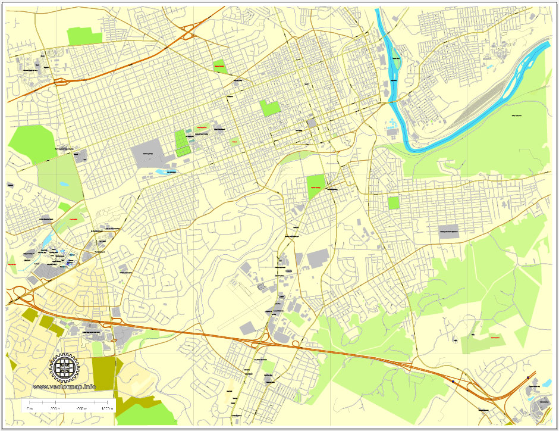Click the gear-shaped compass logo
pyautogui.click(x=65, y=368)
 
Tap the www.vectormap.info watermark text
pyautogui.click(x=64, y=387)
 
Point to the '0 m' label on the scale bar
pyautogui.click(x=29, y=409)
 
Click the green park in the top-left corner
pyautogui.click(x=85, y=36)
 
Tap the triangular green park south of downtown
pyautogui.click(x=316, y=186)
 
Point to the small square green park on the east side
pyautogui.click(x=394, y=203)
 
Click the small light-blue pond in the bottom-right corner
pyautogui.click(x=547, y=383)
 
